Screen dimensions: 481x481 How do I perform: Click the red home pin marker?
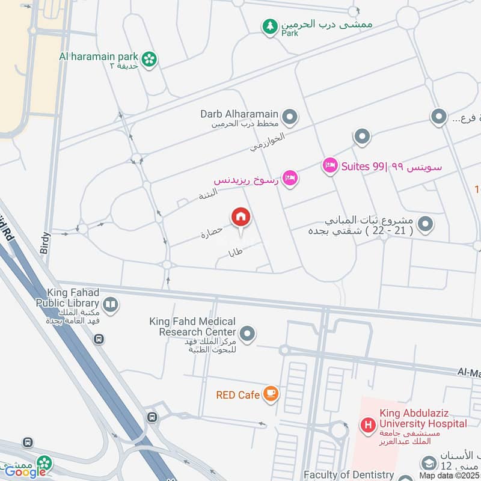(x=241, y=217)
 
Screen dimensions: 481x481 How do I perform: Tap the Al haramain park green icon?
(x=150, y=58)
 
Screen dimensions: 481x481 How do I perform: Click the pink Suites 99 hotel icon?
(x=329, y=165)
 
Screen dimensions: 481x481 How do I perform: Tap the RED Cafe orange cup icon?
(x=271, y=394)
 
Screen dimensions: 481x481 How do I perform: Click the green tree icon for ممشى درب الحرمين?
(x=270, y=26)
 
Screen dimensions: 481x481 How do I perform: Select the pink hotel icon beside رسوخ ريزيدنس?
(x=290, y=179)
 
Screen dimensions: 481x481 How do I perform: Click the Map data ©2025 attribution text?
(x=449, y=476)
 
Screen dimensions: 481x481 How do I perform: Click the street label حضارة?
(x=212, y=233)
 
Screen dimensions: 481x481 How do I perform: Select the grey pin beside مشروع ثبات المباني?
(x=426, y=224)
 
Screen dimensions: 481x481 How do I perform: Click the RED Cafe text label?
(x=238, y=395)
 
